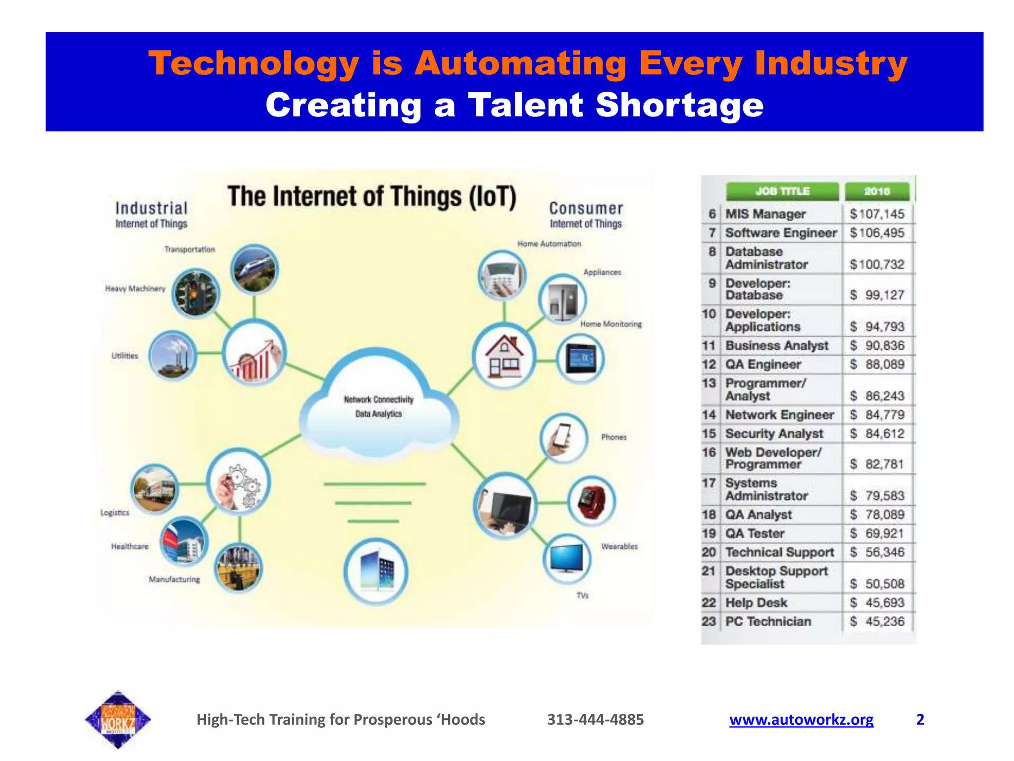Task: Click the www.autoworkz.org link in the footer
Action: coord(801,719)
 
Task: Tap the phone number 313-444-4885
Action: coord(595,719)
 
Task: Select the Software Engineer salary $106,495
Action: coord(877,233)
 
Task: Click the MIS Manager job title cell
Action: coord(765,214)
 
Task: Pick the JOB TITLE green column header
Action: coord(782,191)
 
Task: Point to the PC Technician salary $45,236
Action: coord(877,621)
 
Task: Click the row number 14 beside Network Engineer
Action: coord(709,415)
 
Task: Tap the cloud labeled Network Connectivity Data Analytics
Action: coord(379,406)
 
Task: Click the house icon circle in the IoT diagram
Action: coord(504,356)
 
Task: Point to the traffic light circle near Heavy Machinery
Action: coord(196,294)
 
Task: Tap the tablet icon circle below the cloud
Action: coord(376,571)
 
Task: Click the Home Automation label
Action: coord(549,244)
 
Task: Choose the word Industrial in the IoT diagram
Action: coord(151,208)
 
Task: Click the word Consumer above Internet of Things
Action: coord(586,208)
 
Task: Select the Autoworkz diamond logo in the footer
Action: coord(118,719)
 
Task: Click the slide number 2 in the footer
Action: coord(920,719)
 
